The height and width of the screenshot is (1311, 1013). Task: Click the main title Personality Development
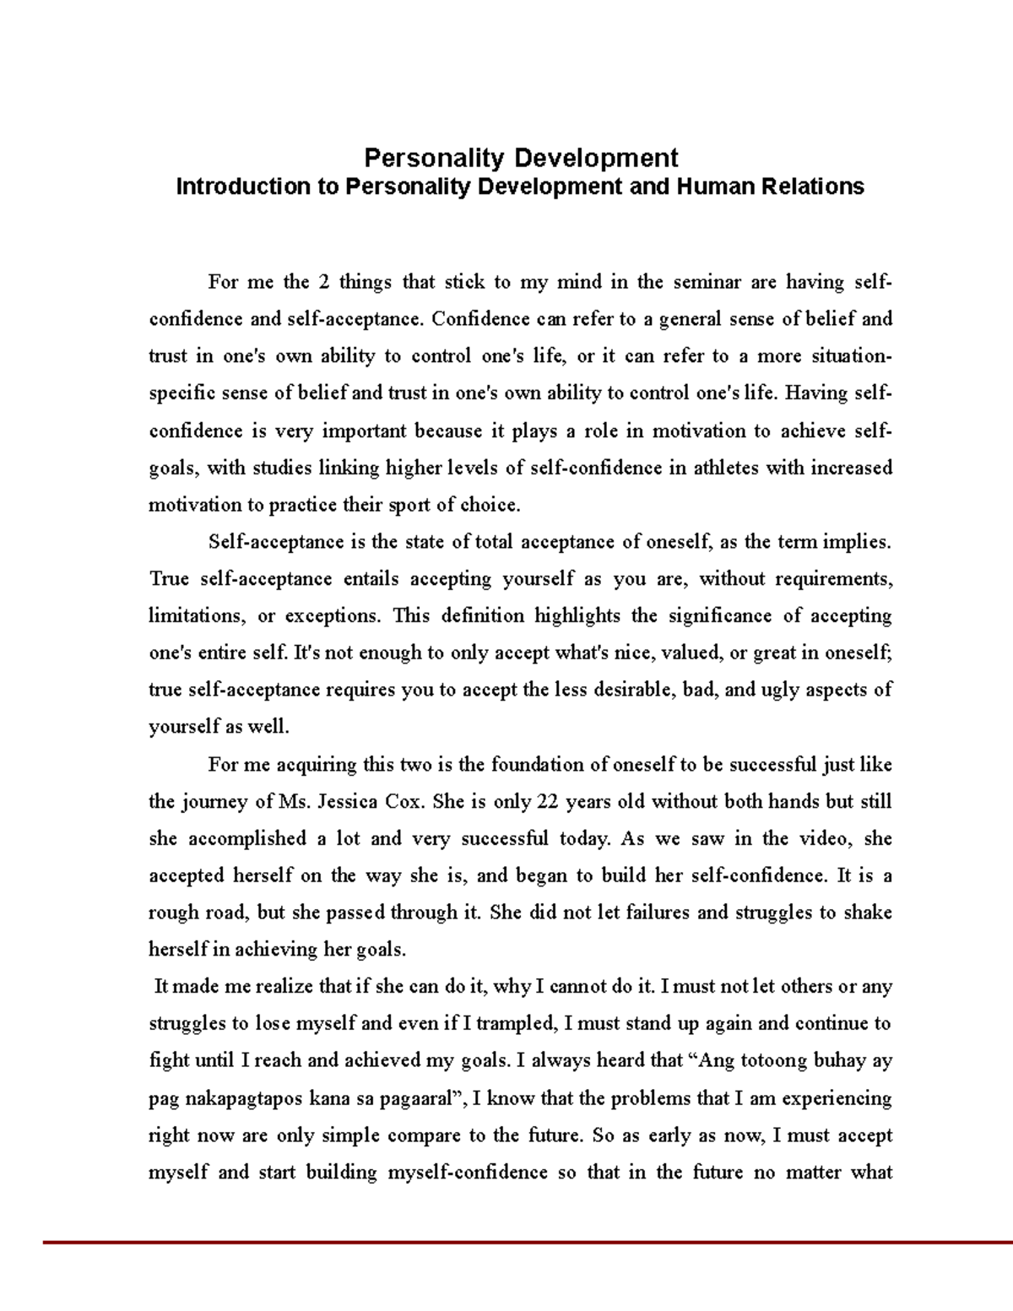pos(520,158)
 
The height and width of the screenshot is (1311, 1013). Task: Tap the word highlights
pos(577,616)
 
